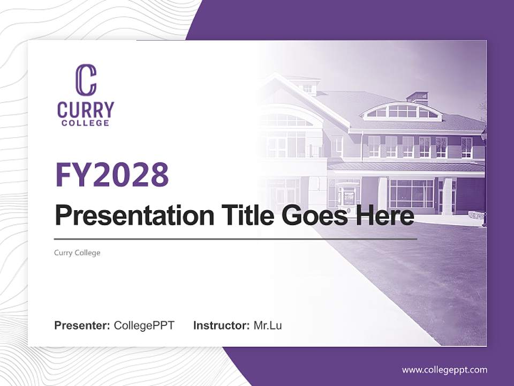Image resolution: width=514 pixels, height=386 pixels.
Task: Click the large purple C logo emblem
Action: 86,80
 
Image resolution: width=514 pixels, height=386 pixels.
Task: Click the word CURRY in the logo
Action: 86,110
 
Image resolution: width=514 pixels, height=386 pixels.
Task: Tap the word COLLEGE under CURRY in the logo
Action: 86,123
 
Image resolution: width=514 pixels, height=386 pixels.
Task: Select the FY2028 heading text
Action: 112,174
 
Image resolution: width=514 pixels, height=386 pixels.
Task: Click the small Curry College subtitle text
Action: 77,253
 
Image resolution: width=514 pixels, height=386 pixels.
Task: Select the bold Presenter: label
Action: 82,325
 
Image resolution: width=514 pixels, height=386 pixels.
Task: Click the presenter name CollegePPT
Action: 144,325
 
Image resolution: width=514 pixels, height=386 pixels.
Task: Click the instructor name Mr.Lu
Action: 268,325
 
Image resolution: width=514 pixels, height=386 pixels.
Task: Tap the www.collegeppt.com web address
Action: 444,369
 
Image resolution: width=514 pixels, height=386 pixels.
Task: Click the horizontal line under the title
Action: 236,239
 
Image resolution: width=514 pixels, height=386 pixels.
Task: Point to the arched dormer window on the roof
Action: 402,112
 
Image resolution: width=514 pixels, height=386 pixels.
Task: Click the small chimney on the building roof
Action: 417,97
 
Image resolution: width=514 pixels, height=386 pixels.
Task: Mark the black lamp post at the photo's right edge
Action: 483,177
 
